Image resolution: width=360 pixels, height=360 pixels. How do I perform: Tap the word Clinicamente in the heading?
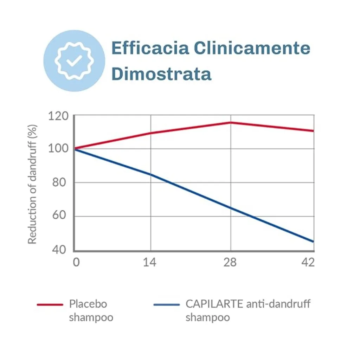(x=252, y=48)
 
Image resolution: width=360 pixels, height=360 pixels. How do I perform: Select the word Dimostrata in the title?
(x=161, y=73)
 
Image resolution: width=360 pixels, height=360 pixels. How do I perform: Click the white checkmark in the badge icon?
(x=74, y=61)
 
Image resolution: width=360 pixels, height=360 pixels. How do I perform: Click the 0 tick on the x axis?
(x=76, y=262)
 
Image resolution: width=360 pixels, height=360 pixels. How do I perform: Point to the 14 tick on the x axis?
(x=150, y=262)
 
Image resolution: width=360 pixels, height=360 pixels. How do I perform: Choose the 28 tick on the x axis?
(x=230, y=262)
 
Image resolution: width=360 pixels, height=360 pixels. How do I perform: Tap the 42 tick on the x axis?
(x=308, y=262)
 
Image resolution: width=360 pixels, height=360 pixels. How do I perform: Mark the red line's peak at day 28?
(x=231, y=122)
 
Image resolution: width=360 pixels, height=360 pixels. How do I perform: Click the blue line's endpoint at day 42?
(x=313, y=242)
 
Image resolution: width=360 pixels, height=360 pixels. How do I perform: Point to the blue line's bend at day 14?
(x=151, y=174)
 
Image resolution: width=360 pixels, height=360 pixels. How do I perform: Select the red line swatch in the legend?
(x=50, y=304)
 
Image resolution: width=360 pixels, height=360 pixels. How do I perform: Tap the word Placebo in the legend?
(x=88, y=304)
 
